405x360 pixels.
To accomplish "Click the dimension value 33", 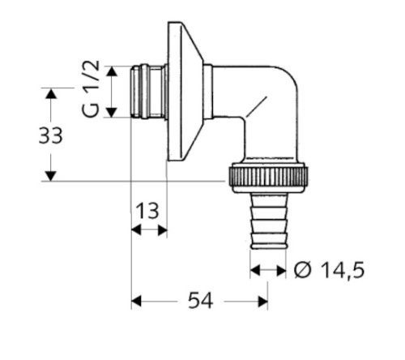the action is tap(51, 135).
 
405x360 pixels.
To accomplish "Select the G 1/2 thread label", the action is tap(91, 89).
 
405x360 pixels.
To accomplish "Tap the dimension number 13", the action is tap(147, 211).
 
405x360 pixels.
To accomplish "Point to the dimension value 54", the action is tap(200, 301).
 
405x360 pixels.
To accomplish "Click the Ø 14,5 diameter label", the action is tap(329, 270).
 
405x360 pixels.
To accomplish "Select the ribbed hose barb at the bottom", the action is tap(268, 221).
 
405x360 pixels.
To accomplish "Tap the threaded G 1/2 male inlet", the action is tap(148, 92).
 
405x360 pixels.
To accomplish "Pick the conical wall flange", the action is tap(185, 92).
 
